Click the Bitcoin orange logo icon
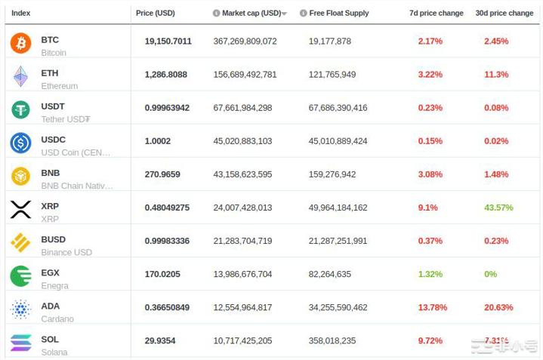[x=20, y=43]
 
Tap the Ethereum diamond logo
[x=20, y=76]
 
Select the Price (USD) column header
[x=155, y=13]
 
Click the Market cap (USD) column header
[x=251, y=13]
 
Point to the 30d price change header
[x=504, y=13]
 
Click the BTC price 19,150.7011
[x=168, y=42]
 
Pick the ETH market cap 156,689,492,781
[x=245, y=75]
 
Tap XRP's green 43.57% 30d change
[x=498, y=208]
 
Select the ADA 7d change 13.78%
[x=432, y=307]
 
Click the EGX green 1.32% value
[x=430, y=274]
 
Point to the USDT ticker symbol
[x=53, y=106]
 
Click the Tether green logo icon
[x=20, y=109]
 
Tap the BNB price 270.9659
[x=162, y=174]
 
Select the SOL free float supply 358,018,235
[x=332, y=340]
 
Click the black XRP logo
[x=20, y=209]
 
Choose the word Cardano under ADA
[x=57, y=318]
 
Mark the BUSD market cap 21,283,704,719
[x=242, y=241]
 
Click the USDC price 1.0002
[x=158, y=141]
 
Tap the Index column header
[x=21, y=13]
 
